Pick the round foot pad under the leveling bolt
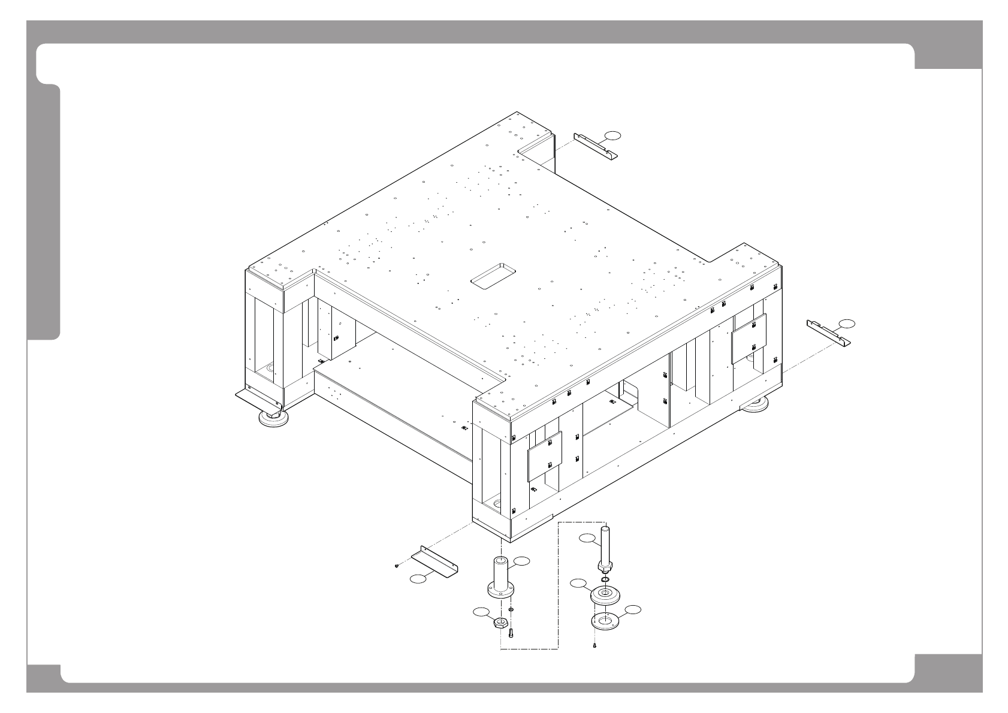click(x=605, y=596)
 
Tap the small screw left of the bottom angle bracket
click(x=397, y=565)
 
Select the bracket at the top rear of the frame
click(x=595, y=146)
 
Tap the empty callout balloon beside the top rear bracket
click(x=612, y=134)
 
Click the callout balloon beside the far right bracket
click(x=847, y=324)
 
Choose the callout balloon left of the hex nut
click(x=481, y=612)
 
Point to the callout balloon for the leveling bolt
click(x=587, y=539)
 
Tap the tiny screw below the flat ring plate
click(x=594, y=646)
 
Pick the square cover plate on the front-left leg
click(x=545, y=456)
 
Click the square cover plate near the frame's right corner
click(x=749, y=339)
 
